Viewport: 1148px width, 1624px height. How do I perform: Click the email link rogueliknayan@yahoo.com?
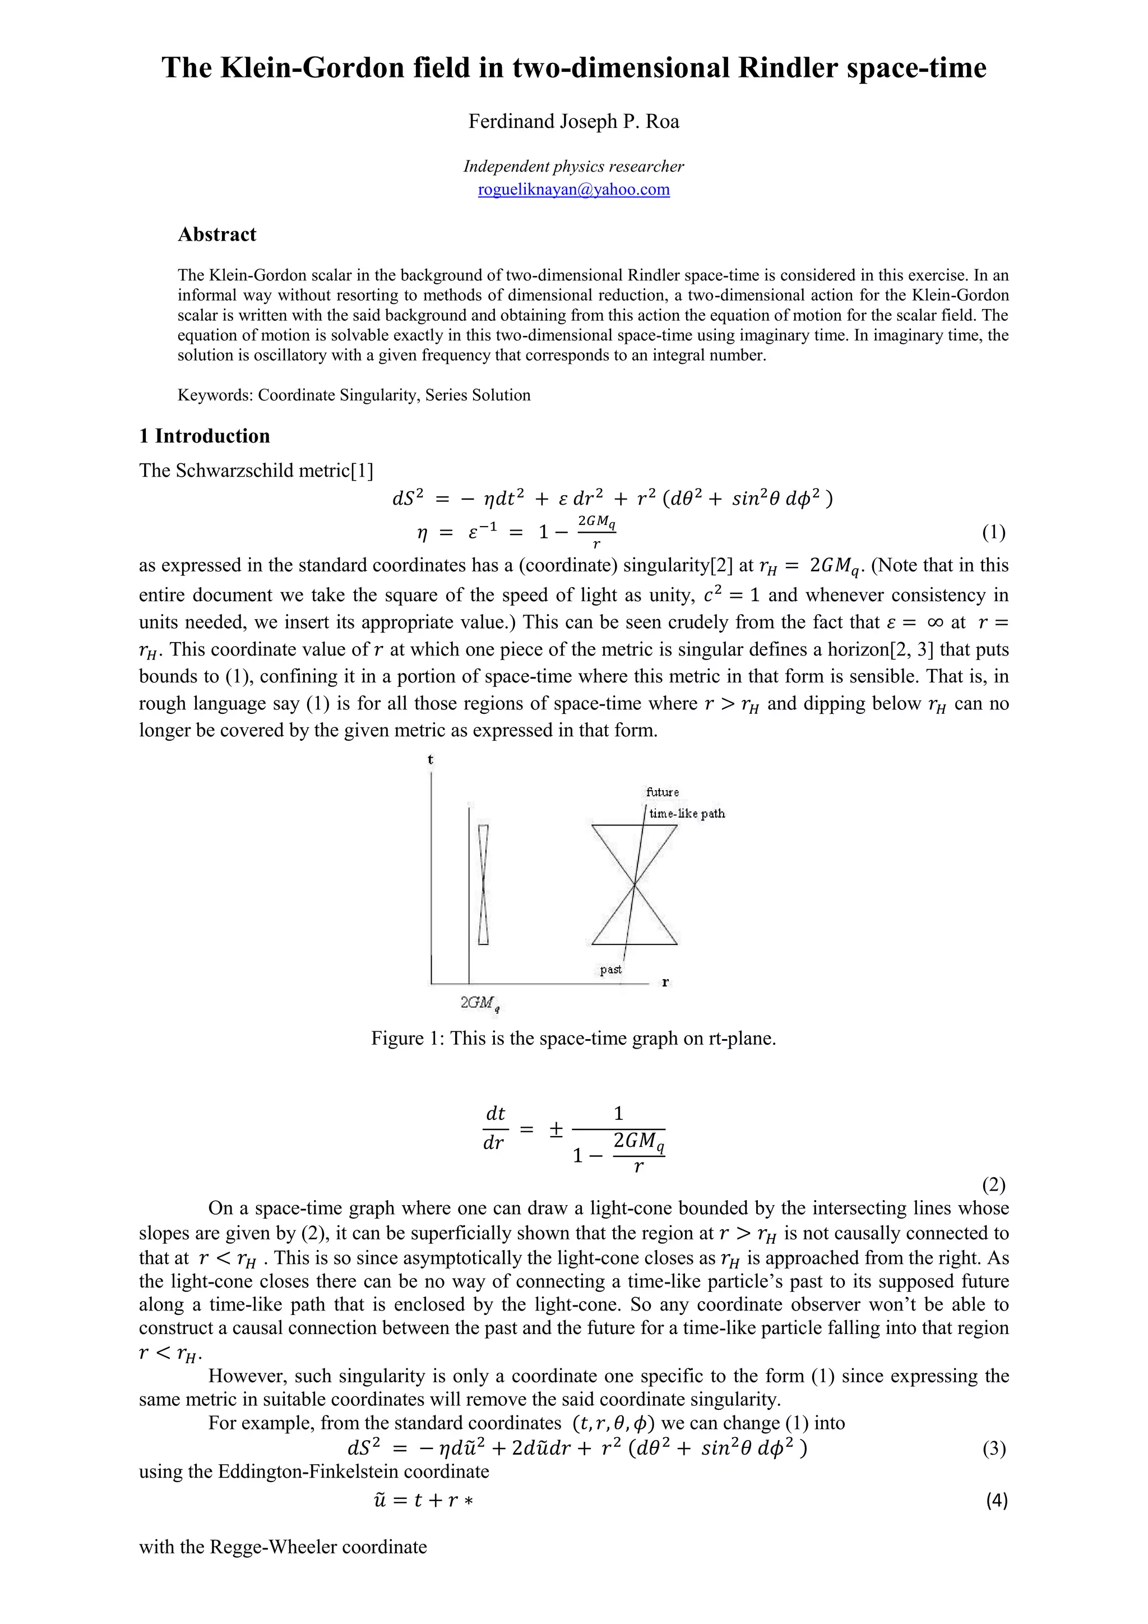click(x=573, y=190)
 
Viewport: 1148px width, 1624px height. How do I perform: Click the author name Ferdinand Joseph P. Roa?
click(x=573, y=122)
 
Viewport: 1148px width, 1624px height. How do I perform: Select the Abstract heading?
click(x=217, y=235)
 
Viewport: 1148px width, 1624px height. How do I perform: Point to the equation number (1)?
click(x=993, y=533)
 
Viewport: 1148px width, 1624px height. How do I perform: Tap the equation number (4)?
click(x=996, y=1500)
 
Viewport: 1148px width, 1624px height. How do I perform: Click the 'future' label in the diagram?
click(x=663, y=792)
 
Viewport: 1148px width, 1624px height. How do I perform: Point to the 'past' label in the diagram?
click(x=611, y=970)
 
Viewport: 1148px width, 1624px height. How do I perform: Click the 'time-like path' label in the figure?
click(x=687, y=814)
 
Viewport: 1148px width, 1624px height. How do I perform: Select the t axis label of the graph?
click(x=430, y=760)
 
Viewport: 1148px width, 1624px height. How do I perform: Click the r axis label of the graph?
click(x=665, y=982)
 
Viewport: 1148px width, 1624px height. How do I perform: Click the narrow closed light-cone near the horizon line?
click(x=484, y=884)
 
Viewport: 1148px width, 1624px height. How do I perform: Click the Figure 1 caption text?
click(x=573, y=1039)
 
